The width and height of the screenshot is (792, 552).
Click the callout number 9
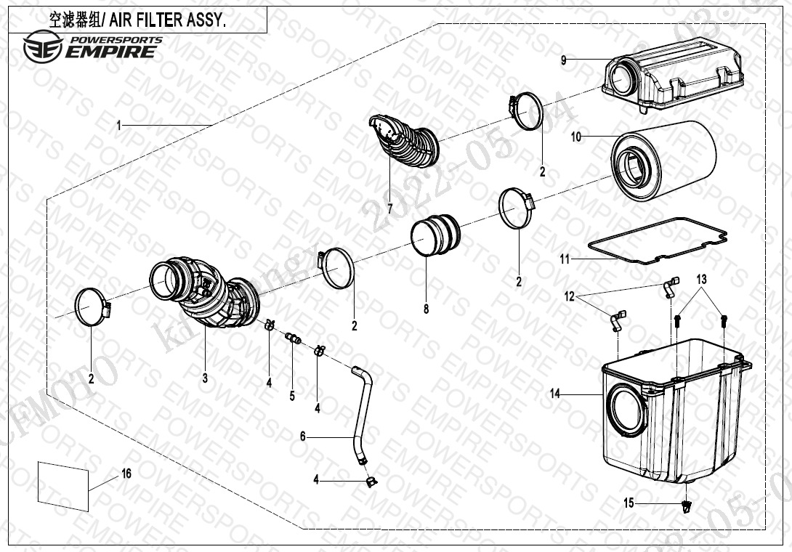[x=563, y=60]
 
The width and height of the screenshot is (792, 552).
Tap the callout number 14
[x=555, y=394]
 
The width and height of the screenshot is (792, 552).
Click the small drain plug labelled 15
[x=685, y=507]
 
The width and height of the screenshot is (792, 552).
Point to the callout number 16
[x=126, y=474]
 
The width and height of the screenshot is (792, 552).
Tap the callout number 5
[x=292, y=396]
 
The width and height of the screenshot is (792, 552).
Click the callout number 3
[x=205, y=378]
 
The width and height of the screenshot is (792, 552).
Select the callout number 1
[x=118, y=126]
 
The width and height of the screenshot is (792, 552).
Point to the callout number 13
[x=701, y=279]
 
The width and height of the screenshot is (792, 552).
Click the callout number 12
[x=570, y=296]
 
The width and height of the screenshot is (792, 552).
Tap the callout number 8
[x=426, y=309]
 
